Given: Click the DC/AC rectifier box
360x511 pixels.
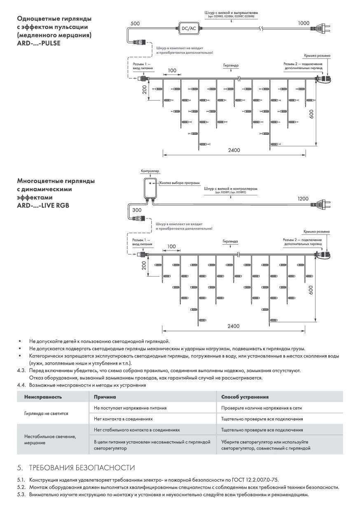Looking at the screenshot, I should (189, 28).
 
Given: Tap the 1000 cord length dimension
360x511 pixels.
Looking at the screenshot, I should (304, 23).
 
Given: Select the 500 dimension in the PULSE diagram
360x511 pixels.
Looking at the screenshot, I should (135, 23).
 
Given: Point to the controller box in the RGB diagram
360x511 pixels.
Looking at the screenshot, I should (150, 188).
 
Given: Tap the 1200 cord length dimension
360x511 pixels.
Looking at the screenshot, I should (303, 199).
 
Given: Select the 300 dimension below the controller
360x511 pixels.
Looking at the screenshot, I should (137, 210).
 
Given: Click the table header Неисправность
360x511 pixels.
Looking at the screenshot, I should (43, 397).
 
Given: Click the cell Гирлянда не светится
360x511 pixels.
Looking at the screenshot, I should (46, 413).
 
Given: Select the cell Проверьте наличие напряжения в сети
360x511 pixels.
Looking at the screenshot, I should (262, 408).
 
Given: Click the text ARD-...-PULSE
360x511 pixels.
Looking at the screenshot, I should (39, 43).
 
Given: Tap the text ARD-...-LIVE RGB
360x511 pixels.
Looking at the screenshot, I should (43, 204).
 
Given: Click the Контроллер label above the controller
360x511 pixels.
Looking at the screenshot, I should (150, 171).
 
